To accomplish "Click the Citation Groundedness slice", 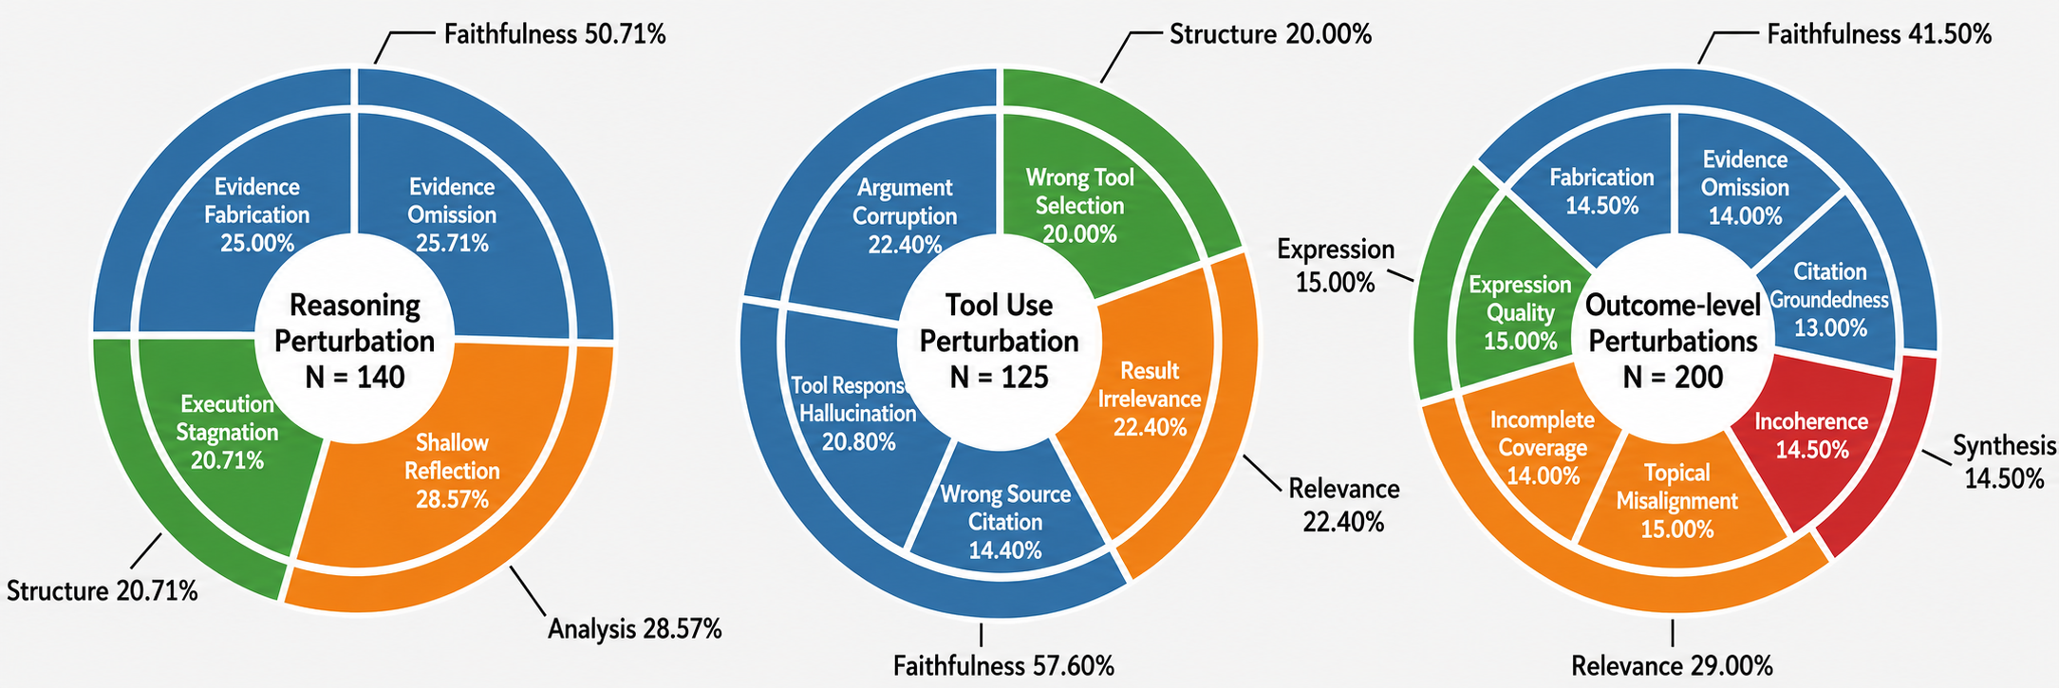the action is coord(1827,294).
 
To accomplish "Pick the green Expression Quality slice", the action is coord(1519,304).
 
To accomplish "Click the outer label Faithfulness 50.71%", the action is coord(555,35).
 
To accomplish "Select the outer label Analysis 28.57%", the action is coord(635,628).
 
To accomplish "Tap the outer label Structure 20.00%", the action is coord(1270,35).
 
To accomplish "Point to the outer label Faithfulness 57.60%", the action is coord(1003,666).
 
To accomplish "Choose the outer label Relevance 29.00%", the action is coord(1672,666).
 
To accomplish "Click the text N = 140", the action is coord(355,378).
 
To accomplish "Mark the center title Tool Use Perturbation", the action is coord(1000,323).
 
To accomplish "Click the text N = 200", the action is coord(1673,378).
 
